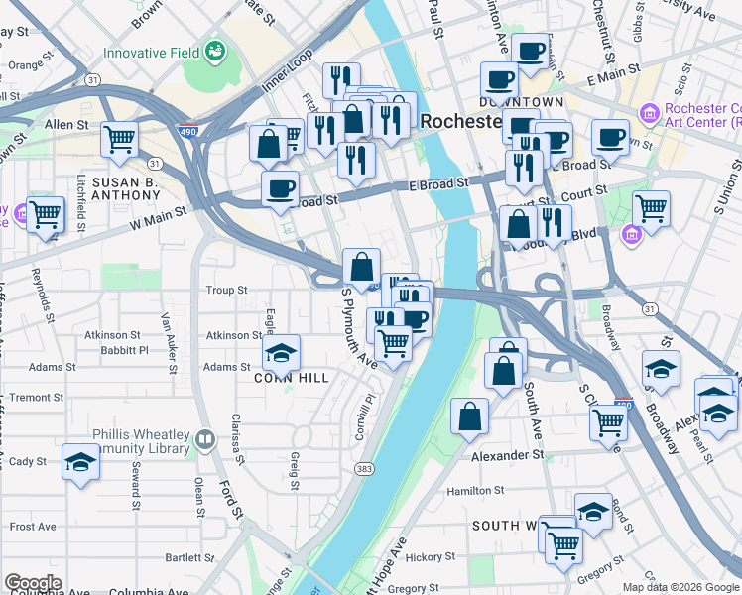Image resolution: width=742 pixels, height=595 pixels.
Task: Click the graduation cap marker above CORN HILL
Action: (x=282, y=352)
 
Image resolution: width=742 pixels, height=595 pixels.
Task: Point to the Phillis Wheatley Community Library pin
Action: (x=205, y=437)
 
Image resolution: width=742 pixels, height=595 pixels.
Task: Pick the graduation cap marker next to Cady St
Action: (x=81, y=461)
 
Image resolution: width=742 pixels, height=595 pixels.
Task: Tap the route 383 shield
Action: (x=364, y=467)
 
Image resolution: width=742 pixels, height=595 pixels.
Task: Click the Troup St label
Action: (x=226, y=291)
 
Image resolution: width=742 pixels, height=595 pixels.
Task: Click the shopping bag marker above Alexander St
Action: (x=469, y=417)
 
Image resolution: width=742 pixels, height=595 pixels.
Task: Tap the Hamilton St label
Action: (x=476, y=490)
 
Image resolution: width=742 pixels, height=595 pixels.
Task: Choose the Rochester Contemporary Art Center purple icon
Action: (x=650, y=115)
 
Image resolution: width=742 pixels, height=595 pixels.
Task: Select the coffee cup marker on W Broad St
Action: (x=281, y=187)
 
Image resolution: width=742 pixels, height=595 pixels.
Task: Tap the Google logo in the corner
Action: (x=32, y=583)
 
